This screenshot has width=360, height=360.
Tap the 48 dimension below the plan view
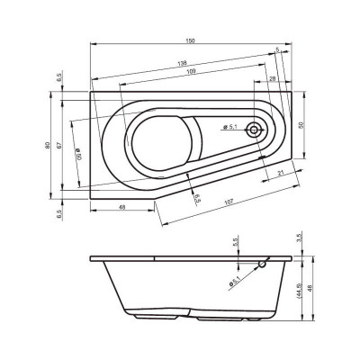click(x=121, y=208)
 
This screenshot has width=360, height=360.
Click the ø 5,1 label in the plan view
click(x=232, y=127)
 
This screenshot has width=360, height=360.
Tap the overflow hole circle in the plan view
click(x=256, y=130)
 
